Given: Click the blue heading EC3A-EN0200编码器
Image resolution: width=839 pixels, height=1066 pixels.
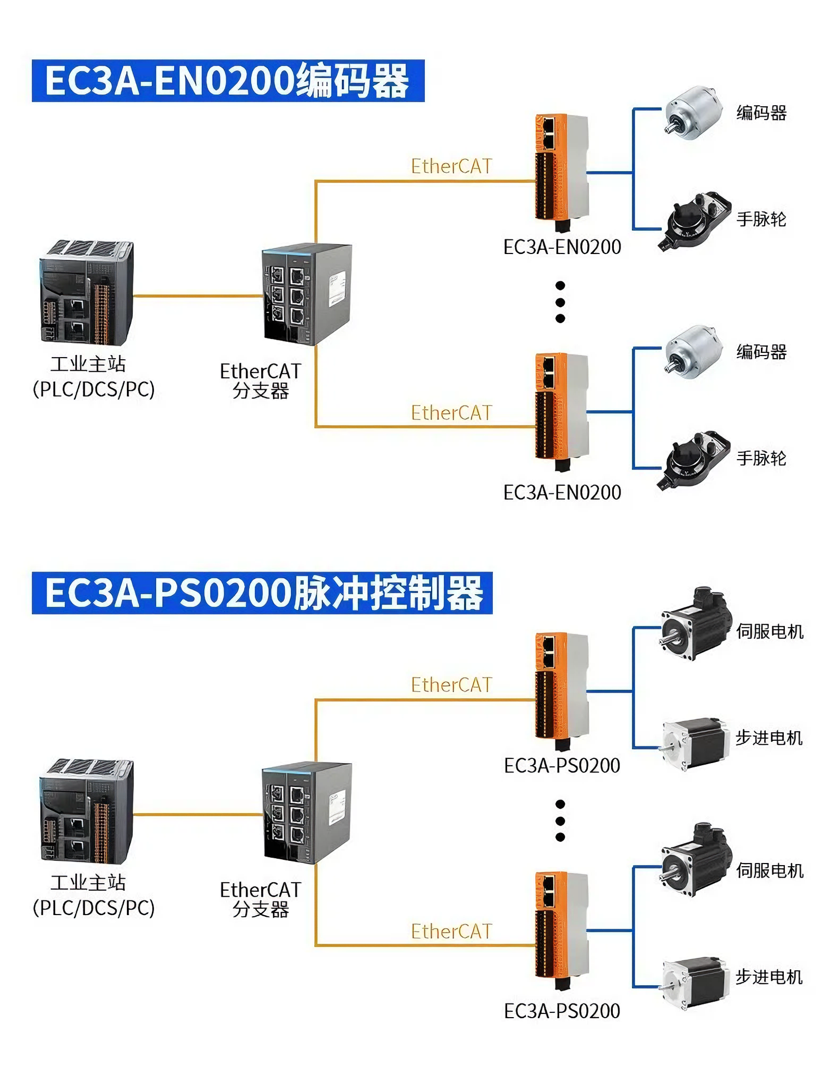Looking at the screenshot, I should (228, 81).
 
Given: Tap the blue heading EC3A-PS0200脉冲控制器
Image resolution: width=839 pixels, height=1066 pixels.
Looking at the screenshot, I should (262, 593).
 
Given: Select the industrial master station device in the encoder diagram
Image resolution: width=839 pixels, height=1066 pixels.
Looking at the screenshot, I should (87, 293).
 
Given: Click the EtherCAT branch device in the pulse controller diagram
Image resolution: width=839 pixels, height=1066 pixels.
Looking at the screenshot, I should (306, 813).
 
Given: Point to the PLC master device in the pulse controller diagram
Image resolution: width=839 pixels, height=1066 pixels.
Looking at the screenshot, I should (87, 811).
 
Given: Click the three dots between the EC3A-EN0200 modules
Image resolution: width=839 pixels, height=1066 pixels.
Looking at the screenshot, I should (560, 302).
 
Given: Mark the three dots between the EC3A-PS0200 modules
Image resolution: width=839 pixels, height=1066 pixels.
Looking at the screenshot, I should (560, 821).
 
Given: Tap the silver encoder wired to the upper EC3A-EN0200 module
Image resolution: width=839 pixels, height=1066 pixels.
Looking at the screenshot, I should (693, 112).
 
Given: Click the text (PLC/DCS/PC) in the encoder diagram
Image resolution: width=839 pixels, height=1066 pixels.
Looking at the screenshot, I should (94, 389).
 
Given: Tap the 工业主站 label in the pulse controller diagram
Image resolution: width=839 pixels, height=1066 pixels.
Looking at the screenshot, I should (88, 883).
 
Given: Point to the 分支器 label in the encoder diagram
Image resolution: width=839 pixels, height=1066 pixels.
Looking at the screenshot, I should (260, 391).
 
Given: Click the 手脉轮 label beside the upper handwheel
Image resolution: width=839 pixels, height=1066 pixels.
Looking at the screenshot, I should (761, 219).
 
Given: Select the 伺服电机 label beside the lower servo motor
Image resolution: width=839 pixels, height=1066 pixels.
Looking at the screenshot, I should (769, 870).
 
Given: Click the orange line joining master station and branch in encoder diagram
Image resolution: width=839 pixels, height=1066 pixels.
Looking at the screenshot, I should (198, 296).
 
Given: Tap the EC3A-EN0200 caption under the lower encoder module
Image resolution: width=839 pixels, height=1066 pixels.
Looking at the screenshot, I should (562, 492).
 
